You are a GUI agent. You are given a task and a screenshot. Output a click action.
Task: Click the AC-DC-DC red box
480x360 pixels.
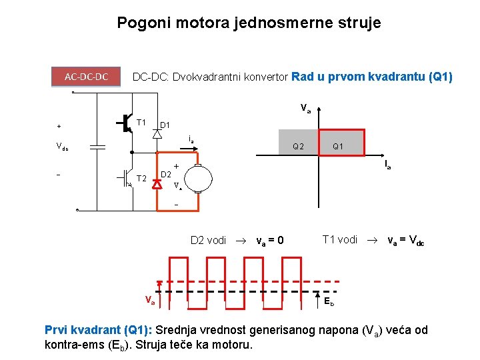[x=87, y=77]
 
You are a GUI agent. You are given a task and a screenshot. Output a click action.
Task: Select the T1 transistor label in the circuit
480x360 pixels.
[x=141, y=123]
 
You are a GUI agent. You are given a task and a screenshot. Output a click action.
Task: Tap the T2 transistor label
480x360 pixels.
[x=141, y=178]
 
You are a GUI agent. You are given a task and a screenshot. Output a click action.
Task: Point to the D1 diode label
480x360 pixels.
[x=165, y=125]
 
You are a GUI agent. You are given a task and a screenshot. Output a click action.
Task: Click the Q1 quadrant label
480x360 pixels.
[x=337, y=146]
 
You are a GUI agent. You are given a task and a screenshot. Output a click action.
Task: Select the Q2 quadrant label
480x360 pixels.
[x=298, y=146]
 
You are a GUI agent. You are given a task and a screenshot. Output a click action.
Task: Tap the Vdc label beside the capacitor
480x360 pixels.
[x=61, y=147]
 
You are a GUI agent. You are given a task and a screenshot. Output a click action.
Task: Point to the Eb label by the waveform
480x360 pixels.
[x=329, y=301]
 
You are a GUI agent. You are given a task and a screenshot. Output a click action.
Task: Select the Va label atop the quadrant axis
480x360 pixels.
[x=305, y=107]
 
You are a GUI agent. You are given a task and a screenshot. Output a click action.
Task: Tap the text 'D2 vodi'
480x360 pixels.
[x=208, y=240]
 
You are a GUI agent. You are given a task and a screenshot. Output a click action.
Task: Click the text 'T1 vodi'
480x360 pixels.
[x=340, y=239]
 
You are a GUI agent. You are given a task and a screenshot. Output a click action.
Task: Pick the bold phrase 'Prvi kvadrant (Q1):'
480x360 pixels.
[x=99, y=330]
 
